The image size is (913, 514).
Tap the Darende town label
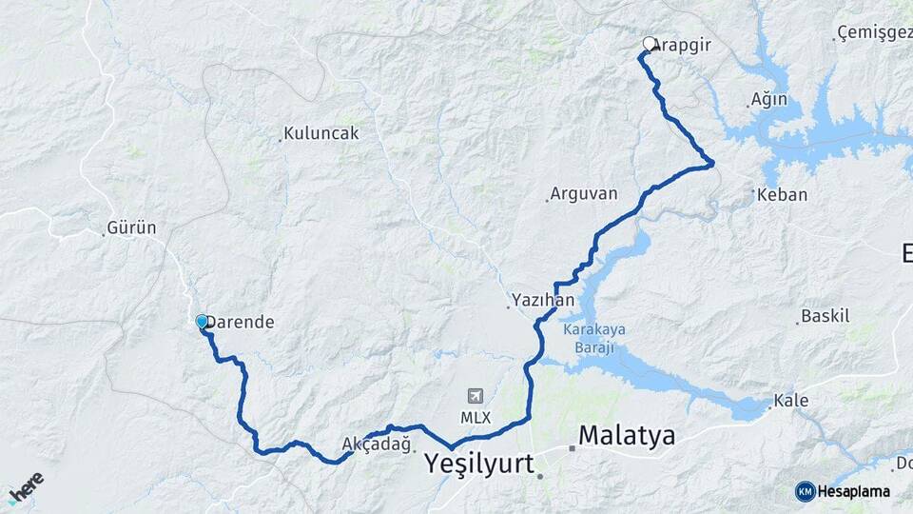243,323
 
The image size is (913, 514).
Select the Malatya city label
627,436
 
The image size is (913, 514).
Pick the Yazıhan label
543,300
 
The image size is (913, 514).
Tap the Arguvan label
584,194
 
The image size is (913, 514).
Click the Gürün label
131,228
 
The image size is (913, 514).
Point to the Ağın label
769,100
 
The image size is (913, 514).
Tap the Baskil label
826,316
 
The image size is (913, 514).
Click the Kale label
791,401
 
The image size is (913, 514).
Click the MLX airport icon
476,396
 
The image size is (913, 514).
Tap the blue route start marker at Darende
203,322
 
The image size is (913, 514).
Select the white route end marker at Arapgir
650,44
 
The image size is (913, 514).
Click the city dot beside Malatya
573,447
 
